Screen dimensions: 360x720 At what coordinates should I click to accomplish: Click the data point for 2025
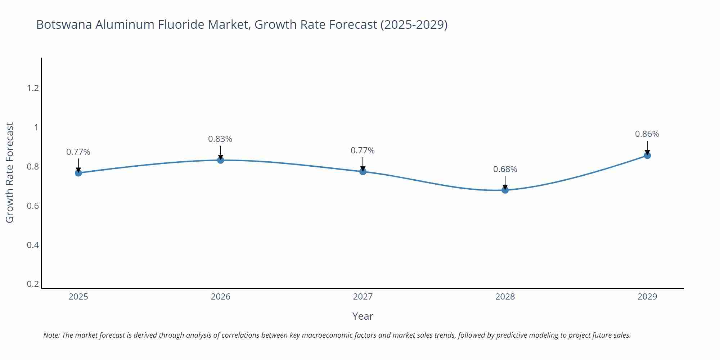tap(78, 173)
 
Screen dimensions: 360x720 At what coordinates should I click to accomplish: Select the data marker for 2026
tap(221, 160)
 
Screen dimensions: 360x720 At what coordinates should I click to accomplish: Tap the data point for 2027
tap(363, 171)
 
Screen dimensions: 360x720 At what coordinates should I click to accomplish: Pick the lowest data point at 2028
tap(505, 190)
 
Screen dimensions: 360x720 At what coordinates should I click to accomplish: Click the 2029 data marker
tap(647, 156)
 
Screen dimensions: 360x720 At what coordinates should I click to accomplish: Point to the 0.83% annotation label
tap(220, 139)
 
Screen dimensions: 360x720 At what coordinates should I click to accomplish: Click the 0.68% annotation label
tap(505, 169)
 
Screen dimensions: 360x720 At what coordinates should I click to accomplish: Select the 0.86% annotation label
tap(647, 134)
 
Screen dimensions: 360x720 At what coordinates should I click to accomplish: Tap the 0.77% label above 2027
tap(363, 150)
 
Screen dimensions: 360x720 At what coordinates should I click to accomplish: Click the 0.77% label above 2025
tap(78, 152)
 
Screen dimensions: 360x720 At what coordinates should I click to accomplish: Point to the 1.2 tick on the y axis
tap(33, 88)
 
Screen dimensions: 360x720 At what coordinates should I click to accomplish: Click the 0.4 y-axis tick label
tap(33, 245)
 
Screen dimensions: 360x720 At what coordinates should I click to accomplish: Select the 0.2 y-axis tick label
tap(33, 284)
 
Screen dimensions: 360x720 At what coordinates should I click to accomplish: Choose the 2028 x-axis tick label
tap(505, 297)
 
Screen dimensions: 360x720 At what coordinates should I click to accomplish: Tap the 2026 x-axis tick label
tap(221, 297)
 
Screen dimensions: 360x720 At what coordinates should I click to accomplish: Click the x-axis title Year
tap(363, 316)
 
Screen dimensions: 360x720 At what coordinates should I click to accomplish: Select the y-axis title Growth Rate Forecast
tap(10, 172)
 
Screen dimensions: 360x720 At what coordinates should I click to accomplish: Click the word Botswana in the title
tap(64, 24)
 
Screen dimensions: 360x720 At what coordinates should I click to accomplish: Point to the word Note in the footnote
tap(51, 335)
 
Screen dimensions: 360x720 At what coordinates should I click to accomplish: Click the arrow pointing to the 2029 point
tap(647, 148)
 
